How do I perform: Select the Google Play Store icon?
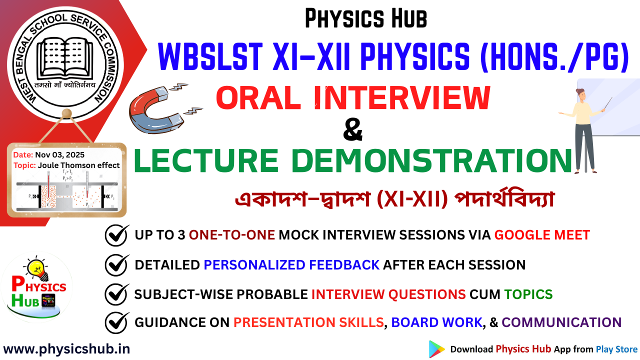[x=436, y=349]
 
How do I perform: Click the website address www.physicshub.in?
[x=66, y=349]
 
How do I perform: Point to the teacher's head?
[x=581, y=93]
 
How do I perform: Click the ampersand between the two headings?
[x=353, y=132]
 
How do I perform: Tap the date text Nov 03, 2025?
[x=59, y=155]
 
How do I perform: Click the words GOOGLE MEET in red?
[x=542, y=234]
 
